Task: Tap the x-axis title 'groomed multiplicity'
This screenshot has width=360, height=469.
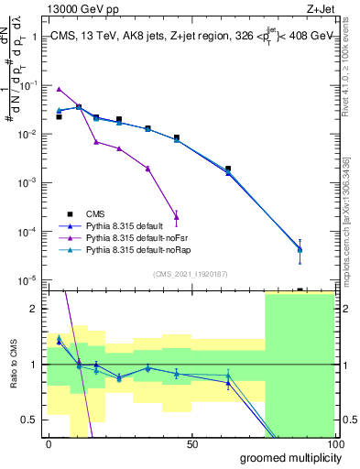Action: [286, 456]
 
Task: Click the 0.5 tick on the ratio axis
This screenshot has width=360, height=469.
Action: [29, 420]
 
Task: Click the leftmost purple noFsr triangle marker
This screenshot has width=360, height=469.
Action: [59, 89]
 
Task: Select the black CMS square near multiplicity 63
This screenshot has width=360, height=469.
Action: [228, 169]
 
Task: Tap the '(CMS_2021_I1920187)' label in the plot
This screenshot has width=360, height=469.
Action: [191, 273]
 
